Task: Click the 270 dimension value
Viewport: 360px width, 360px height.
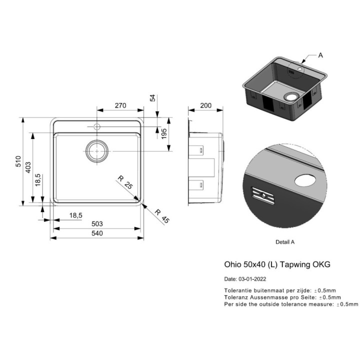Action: [x=120, y=105]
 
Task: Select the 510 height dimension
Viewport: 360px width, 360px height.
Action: [x=18, y=161]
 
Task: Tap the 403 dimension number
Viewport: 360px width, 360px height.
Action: [x=28, y=167]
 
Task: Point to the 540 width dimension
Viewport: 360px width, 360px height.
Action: [x=97, y=233]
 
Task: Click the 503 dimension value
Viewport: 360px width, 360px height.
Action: [x=97, y=223]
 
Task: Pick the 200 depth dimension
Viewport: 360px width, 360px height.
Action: [x=205, y=105]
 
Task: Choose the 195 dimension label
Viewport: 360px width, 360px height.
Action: [x=164, y=133]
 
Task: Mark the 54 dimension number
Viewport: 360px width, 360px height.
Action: [x=152, y=98]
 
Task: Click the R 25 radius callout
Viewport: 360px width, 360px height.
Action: [x=125, y=182]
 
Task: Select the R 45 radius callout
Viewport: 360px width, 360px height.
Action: [x=162, y=216]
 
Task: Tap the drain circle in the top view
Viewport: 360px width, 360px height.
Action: [x=97, y=151]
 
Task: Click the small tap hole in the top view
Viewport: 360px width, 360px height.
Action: [x=97, y=126]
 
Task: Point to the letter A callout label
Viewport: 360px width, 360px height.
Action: [x=320, y=55]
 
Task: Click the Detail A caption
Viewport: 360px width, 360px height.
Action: [x=285, y=242]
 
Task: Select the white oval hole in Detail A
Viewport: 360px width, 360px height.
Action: [x=305, y=180]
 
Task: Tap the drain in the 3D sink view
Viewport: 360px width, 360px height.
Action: [x=291, y=96]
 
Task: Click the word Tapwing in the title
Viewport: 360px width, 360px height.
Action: [x=294, y=264]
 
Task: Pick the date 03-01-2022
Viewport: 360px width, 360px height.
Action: [x=252, y=279]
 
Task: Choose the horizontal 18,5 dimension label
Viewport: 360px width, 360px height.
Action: [x=76, y=215]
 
